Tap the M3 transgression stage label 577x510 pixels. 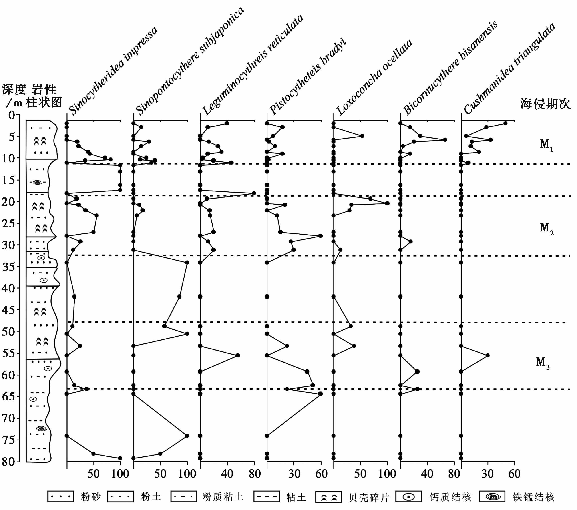coord(543,362)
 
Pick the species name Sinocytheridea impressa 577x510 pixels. coord(113,71)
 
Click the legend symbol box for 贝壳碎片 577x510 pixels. coord(328,497)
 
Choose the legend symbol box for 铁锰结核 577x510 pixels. coord(492,496)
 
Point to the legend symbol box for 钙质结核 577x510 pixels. coord(408,496)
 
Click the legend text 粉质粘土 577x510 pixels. coord(223,497)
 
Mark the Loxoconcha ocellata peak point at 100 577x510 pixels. coord(387,203)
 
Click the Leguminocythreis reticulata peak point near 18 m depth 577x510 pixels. coord(254,193)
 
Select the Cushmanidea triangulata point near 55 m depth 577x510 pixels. coord(487,355)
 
